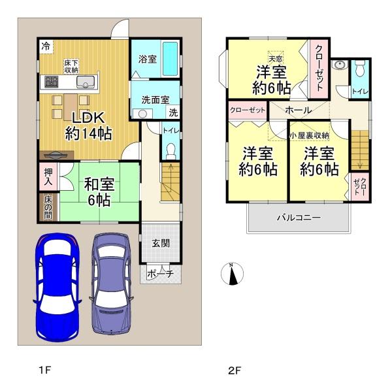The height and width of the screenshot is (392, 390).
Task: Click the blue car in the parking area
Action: pos(57,287)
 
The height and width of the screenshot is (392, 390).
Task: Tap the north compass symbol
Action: pos(233,274)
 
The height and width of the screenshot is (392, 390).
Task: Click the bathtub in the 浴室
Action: pos(170,59)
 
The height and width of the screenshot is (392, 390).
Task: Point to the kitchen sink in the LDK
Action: pos(86,82)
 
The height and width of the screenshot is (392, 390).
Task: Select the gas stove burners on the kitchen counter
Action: pos(51,82)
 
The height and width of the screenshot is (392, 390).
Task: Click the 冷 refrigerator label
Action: pos(46,46)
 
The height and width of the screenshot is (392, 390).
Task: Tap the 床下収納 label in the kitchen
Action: pos(71,66)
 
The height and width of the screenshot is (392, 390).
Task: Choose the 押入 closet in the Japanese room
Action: pos(48,177)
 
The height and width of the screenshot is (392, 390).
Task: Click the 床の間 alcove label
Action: pos(48,207)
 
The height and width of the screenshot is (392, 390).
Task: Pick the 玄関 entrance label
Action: pos(161,243)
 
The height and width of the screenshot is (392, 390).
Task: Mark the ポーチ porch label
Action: pos(160,274)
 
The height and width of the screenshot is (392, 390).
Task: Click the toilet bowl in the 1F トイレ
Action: pos(171,151)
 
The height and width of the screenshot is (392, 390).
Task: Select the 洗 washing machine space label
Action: pos(173,112)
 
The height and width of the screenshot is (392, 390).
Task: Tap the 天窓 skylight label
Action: pos(276,59)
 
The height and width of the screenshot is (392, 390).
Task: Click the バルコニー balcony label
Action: pos(299,218)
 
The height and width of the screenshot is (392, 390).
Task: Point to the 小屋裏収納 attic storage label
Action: pos(309,135)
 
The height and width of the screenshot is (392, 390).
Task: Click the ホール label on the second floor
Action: pos(299,110)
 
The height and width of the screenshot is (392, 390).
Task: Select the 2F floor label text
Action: pos(235,370)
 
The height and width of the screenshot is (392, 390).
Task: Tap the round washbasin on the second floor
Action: pos(340,65)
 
